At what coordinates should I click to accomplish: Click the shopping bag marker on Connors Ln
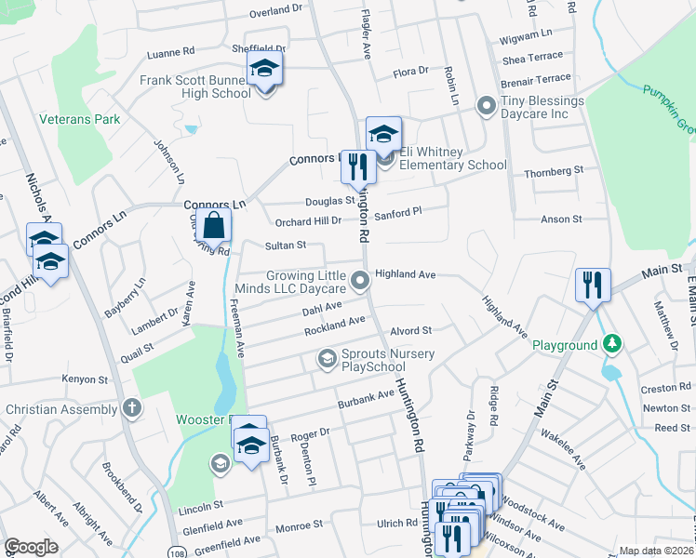pos(214,225)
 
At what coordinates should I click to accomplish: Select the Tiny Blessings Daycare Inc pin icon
pos(485,106)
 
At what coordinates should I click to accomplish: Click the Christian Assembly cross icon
pos(132,409)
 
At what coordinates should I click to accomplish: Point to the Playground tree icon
pos(611,345)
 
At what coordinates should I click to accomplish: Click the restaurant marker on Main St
pos(593,286)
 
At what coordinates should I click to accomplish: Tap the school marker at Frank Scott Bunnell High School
pos(264,69)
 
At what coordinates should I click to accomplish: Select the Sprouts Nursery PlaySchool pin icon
pos(327,358)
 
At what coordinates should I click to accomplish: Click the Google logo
pos(31,547)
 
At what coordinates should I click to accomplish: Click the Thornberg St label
pos(553,172)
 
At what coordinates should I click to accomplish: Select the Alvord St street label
pos(411,331)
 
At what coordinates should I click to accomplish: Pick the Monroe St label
pos(299,525)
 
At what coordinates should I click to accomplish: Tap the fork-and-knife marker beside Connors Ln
pos(357,167)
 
